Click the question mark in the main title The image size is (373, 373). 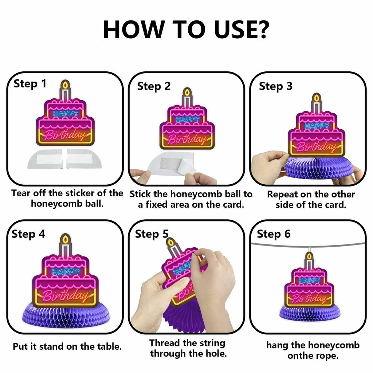(x=260, y=30)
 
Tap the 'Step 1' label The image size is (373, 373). (x=30, y=84)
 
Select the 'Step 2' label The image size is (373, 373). (x=154, y=86)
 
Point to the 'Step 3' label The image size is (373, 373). (x=275, y=86)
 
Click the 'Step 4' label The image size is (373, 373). (x=28, y=234)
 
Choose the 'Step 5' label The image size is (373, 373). (x=152, y=234)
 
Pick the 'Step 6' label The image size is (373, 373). (x=274, y=234)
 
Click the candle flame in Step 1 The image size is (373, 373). (x=66, y=85)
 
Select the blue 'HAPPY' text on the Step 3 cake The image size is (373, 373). (x=317, y=126)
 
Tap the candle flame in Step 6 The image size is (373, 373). (x=309, y=256)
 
